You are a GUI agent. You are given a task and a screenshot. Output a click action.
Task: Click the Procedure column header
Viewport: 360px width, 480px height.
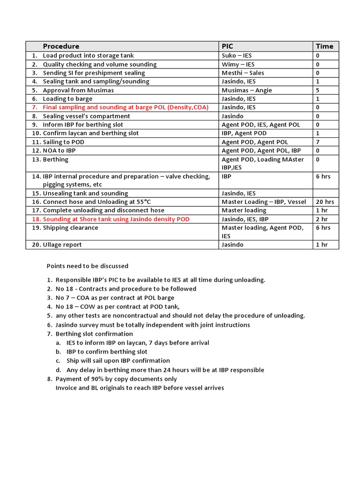pos(61,46)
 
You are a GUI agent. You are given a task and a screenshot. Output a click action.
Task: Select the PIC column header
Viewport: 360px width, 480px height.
pos(227,46)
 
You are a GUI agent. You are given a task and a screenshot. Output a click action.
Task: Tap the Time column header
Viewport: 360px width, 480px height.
pos(324,46)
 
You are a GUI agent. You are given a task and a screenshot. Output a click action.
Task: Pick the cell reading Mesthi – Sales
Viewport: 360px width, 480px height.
pos(243,73)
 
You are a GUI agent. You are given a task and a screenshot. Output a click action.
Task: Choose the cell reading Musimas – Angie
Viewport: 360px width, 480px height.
pos(247,90)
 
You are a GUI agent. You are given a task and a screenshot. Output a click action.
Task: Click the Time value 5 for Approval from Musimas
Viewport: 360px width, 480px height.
pos(318,90)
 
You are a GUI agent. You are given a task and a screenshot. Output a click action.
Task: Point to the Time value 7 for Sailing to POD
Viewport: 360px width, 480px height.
pos(318,142)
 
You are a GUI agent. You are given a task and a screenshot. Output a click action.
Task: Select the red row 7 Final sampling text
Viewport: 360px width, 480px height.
pos(125,107)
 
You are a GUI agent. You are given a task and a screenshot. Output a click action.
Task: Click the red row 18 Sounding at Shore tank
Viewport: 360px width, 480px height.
pos(116,219)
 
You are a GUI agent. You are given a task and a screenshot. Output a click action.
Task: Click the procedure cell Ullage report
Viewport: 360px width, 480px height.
pos(62,244)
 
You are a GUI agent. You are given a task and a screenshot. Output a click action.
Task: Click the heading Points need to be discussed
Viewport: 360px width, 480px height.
pos(87,266)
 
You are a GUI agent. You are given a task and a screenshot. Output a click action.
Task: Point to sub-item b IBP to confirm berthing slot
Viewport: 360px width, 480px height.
pos(107,352)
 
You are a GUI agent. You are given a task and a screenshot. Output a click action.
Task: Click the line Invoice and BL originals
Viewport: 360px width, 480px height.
pos(140,388)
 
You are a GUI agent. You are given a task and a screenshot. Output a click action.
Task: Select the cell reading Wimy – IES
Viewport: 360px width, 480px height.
pos(238,64)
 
